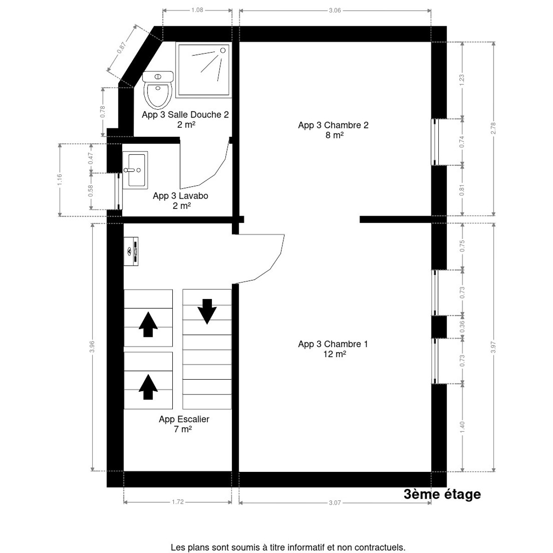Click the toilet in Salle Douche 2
tap(158, 89)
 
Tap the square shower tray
tap(203, 70)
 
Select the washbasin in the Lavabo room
tap(135, 170)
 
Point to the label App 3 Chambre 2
tap(333, 125)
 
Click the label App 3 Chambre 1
tap(333, 344)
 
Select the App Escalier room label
tap(184, 419)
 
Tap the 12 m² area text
tap(334, 354)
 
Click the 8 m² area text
tap(333, 135)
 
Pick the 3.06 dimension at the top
tap(335, 10)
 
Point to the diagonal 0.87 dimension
tap(122, 48)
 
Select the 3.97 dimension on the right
tap(494, 347)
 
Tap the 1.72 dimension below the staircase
tap(177, 502)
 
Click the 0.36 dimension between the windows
tap(462, 327)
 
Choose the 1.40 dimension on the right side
tap(462, 427)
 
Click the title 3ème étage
tap(442, 494)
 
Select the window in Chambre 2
tap(434, 141)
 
